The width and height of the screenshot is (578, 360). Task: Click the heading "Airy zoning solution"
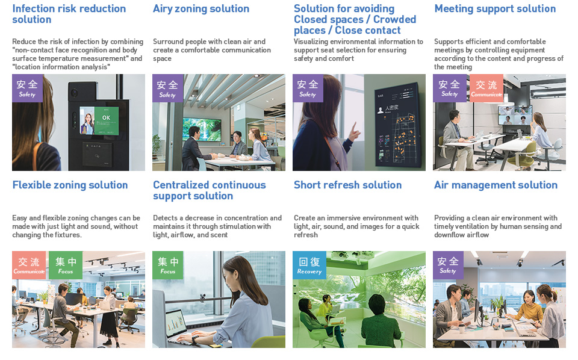[201, 9]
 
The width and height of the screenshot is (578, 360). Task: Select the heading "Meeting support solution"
[495, 8]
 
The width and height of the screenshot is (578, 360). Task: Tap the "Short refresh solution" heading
[347, 185]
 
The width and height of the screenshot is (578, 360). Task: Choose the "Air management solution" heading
[496, 185]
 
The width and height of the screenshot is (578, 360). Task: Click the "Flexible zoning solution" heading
[70, 185]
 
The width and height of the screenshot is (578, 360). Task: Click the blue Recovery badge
[309, 265]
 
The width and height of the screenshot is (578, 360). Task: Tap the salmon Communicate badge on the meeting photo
[486, 88]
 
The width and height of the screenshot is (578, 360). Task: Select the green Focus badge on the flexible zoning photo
[65, 265]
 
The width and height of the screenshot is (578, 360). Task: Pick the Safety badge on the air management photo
[448, 265]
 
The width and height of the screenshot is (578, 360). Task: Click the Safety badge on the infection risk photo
[27, 88]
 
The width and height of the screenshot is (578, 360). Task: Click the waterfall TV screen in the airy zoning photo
[202, 129]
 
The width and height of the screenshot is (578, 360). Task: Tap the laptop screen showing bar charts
[176, 323]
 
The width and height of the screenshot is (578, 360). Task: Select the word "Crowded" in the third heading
[394, 19]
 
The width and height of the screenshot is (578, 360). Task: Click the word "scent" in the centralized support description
[219, 235]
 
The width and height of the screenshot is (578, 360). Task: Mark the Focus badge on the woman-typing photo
[168, 265]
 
